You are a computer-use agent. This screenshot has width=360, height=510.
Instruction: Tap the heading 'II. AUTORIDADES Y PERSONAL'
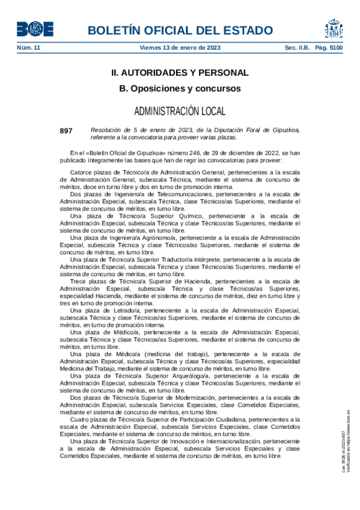click(x=180, y=73)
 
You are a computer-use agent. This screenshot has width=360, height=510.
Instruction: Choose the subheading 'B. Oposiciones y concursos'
click(x=180, y=88)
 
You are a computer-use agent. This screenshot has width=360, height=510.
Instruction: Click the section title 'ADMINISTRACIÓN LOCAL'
click(x=180, y=111)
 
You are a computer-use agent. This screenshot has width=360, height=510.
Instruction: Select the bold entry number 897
click(x=66, y=131)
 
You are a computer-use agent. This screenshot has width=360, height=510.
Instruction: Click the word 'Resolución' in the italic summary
click(x=106, y=130)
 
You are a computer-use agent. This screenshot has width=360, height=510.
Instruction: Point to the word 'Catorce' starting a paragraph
click(x=81, y=173)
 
